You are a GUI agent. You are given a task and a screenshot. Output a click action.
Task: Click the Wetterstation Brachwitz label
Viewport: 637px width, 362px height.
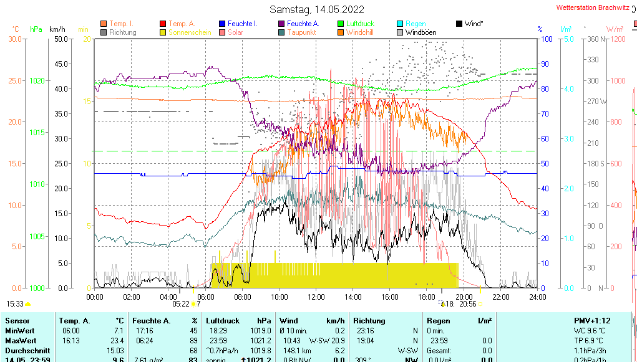592,8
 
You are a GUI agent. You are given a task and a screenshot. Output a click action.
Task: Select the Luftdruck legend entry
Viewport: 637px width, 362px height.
360,24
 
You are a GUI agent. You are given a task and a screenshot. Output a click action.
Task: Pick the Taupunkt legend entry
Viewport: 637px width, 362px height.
301,32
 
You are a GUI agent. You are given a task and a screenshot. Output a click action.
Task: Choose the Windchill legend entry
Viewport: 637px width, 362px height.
359,32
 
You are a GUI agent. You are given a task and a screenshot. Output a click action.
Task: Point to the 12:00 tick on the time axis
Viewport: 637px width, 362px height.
316,297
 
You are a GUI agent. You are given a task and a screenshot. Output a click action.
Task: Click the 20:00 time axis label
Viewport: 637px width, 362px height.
464,297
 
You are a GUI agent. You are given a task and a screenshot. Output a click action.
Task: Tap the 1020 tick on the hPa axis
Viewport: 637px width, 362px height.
37,81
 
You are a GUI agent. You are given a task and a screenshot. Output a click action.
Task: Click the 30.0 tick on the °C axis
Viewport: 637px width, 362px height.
15,39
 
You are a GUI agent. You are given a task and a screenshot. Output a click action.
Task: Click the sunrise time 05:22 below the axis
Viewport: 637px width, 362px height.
181,304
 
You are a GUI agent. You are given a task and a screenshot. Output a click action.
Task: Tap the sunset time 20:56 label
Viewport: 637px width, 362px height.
467,304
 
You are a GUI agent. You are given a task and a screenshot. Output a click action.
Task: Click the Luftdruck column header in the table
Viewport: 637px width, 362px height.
221,320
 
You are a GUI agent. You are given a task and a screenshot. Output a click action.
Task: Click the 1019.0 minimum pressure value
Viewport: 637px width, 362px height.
260,331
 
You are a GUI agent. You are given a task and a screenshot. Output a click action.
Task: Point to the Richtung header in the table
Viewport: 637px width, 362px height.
369,320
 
